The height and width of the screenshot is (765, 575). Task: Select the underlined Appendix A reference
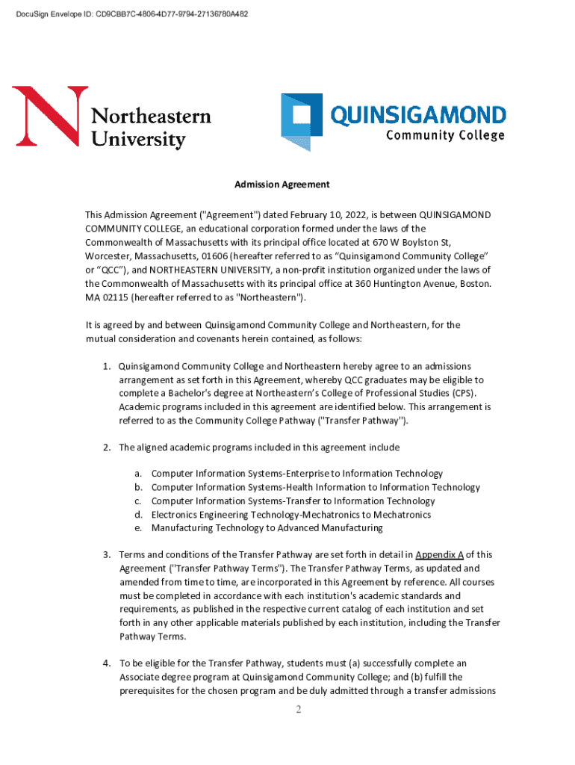pyautogui.click(x=440, y=555)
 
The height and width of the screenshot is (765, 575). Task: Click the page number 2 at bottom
pyautogui.click(x=297, y=709)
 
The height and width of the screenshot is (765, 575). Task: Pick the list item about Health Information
pyautogui.click(x=315, y=487)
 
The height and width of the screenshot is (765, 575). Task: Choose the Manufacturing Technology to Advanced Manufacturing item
pyautogui.click(x=267, y=527)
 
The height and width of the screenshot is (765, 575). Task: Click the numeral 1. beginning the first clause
pyautogui.click(x=108, y=366)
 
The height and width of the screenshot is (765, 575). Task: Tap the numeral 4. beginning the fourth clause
pyautogui.click(x=108, y=663)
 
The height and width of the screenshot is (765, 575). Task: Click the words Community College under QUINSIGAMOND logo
pyautogui.click(x=445, y=136)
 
